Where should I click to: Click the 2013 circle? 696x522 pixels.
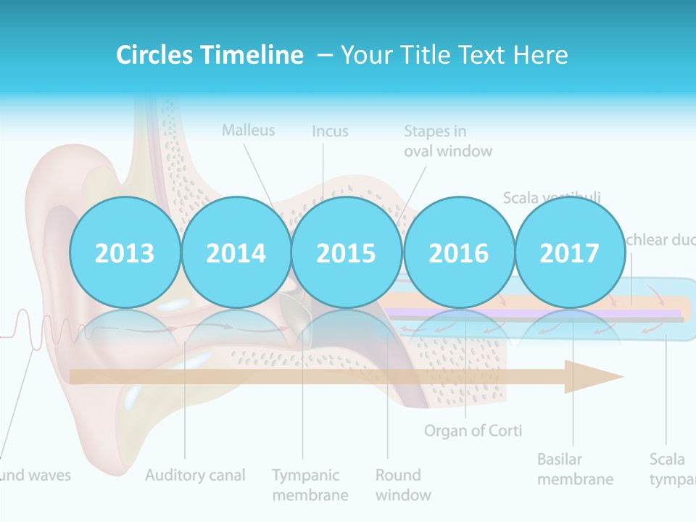pyautogui.click(x=125, y=253)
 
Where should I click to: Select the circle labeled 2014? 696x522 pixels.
pyautogui.click(x=236, y=253)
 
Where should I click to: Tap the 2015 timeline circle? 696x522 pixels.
pyautogui.click(x=347, y=253)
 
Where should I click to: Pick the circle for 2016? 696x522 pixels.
pyautogui.click(x=458, y=253)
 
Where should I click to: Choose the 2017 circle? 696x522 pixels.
pyautogui.click(x=569, y=253)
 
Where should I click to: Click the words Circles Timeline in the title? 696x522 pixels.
pyautogui.click(x=210, y=55)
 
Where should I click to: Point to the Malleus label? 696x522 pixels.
pyautogui.click(x=249, y=130)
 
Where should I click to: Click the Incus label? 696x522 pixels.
pyautogui.click(x=330, y=131)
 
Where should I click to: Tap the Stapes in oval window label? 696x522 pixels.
pyautogui.click(x=447, y=141)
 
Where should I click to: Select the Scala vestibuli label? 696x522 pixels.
pyautogui.click(x=552, y=197)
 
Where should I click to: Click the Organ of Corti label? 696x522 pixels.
pyautogui.click(x=473, y=431)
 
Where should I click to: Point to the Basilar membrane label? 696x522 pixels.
pyautogui.click(x=575, y=469)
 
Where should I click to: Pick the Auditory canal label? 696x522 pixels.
pyautogui.click(x=195, y=476)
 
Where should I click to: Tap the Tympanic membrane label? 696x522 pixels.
pyautogui.click(x=310, y=485)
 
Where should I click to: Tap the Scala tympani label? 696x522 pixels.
pyautogui.click(x=671, y=469)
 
